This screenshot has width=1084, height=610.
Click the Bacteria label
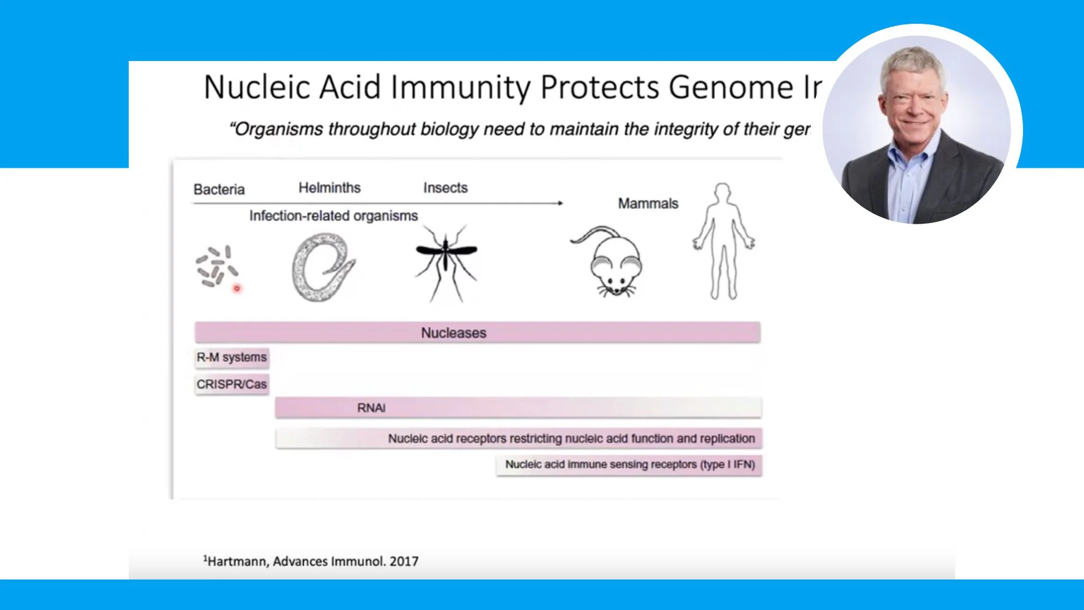(x=218, y=189)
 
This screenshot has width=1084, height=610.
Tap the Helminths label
(x=329, y=188)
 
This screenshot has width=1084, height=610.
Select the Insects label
(x=445, y=188)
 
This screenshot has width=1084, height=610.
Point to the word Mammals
(x=648, y=203)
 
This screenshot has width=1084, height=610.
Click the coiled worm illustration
(x=322, y=267)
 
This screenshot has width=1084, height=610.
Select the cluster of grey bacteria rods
(x=215, y=265)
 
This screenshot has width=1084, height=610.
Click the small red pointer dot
(x=237, y=289)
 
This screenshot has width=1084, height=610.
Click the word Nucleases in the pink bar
(x=453, y=333)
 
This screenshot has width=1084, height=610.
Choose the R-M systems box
(x=231, y=358)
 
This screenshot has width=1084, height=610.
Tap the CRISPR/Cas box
(x=231, y=385)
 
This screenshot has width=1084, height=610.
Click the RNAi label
(x=371, y=408)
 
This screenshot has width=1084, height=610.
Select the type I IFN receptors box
(x=629, y=465)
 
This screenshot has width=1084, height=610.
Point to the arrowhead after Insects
(x=560, y=203)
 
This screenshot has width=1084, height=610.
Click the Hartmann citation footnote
(x=311, y=561)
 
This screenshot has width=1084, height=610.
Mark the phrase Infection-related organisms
(x=333, y=216)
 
